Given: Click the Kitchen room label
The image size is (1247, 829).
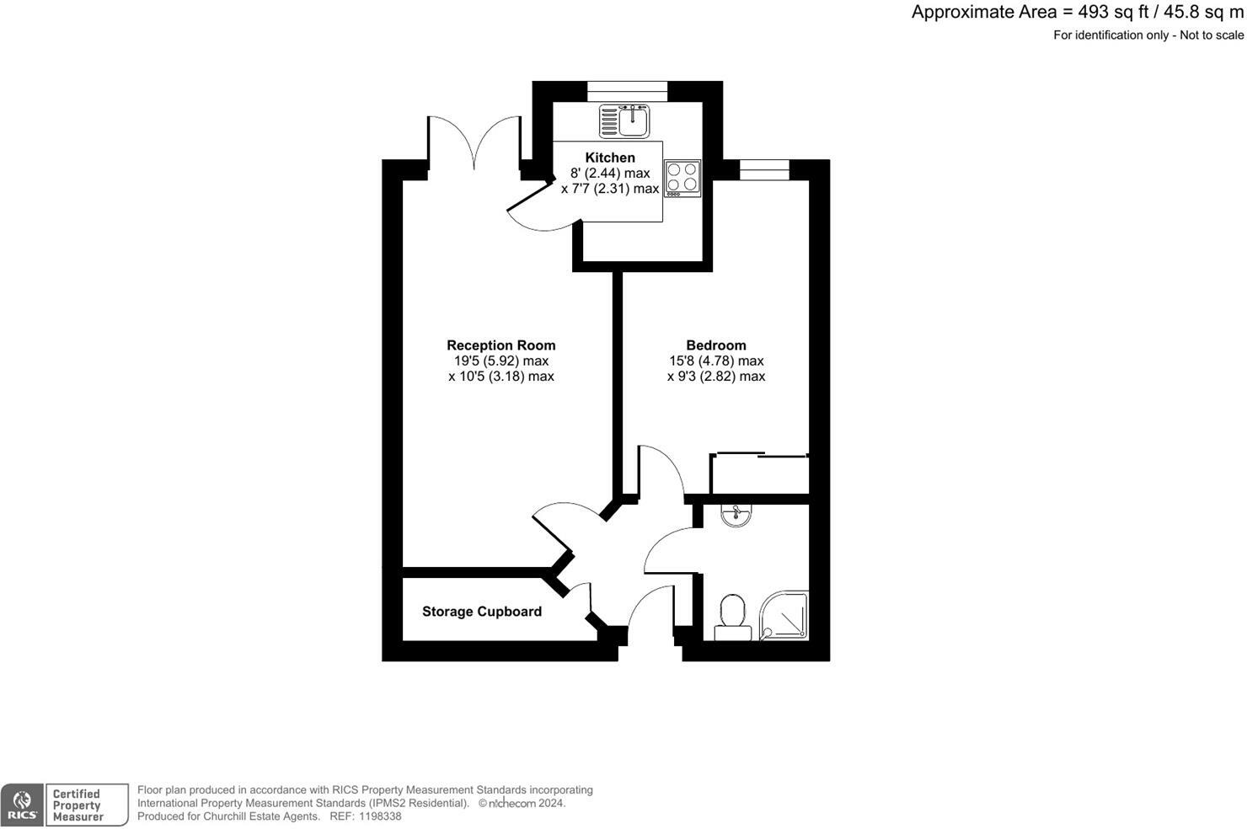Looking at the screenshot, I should pyautogui.click(x=610, y=158).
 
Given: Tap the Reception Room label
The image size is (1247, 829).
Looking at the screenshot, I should pyautogui.click(x=500, y=345).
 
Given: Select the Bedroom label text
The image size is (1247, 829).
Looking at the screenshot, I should pyautogui.click(x=715, y=345).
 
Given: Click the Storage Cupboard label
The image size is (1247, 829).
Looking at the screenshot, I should pyautogui.click(x=481, y=612).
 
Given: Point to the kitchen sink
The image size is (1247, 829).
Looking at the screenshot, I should pyautogui.click(x=624, y=120).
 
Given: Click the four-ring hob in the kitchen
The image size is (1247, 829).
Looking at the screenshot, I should pyautogui.click(x=682, y=177).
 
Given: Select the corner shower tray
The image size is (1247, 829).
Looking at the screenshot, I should pyautogui.click(x=784, y=615).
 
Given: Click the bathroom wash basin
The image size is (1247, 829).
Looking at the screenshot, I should pyautogui.click(x=736, y=514).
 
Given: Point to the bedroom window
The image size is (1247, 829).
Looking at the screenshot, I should pyautogui.click(x=764, y=169).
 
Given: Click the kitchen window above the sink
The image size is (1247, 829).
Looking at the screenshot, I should pyautogui.click(x=627, y=91).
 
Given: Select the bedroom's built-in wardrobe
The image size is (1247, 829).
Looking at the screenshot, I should pyautogui.click(x=760, y=474).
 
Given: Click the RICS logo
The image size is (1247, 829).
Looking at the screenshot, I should pyautogui.click(x=22, y=805).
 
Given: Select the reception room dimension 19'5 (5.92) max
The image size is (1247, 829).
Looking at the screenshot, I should pyautogui.click(x=500, y=361).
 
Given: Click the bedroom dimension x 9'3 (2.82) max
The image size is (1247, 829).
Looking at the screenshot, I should pyautogui.click(x=715, y=377).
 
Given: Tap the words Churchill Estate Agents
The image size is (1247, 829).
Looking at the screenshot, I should pyautogui.click(x=261, y=816).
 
